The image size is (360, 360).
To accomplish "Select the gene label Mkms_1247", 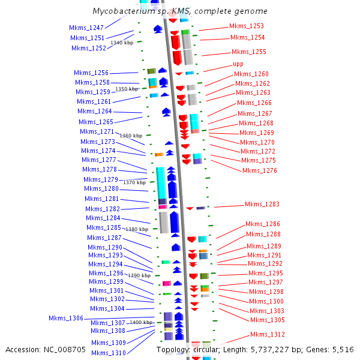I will [x=86, y=28].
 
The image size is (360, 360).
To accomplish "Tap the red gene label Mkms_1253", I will [x=246, y=26].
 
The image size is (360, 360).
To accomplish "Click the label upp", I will [x=238, y=64].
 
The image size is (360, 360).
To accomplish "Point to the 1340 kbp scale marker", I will [x=122, y=43].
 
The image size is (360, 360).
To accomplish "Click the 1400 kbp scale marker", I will [x=141, y=323].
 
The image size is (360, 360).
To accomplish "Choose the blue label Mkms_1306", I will [x=66, y=318].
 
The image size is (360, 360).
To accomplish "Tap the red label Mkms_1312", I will [x=268, y=335].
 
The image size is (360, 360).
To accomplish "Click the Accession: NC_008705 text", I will [x=46, y=350].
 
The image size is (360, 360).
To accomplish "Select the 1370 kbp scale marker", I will [x=134, y=182].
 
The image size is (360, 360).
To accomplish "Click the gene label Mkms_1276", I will [x=260, y=170].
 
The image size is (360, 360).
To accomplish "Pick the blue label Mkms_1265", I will [x=95, y=122].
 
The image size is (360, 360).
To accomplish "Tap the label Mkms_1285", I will [x=103, y=228].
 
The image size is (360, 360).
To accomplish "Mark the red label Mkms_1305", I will [x=267, y=320].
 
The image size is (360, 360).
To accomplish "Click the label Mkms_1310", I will [x=109, y=353].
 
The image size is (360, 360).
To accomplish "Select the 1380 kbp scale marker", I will [x=136, y=229].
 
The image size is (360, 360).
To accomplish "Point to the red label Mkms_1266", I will [x=254, y=103].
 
